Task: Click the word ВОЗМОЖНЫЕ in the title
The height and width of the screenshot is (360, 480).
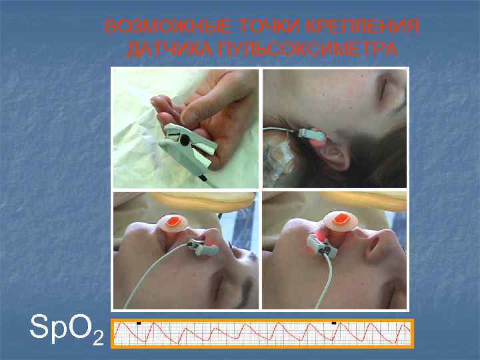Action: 169,26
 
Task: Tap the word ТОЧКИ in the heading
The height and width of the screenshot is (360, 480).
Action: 269,26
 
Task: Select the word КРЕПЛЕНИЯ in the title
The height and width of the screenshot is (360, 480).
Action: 363,26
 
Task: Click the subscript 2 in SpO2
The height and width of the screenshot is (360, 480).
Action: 98,338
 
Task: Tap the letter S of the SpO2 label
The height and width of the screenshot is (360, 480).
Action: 39,326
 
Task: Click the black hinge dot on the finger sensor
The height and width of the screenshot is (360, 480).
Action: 184,140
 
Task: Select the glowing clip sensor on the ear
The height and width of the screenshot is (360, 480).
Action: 311,136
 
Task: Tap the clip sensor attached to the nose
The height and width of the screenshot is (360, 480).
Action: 204,247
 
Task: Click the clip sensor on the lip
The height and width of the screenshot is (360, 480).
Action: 321,247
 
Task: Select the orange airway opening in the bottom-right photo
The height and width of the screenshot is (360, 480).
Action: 340,219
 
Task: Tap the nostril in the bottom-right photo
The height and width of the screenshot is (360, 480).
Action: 371,245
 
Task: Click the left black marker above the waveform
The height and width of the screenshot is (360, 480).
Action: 139,323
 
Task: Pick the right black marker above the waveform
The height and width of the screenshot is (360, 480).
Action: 334,323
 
